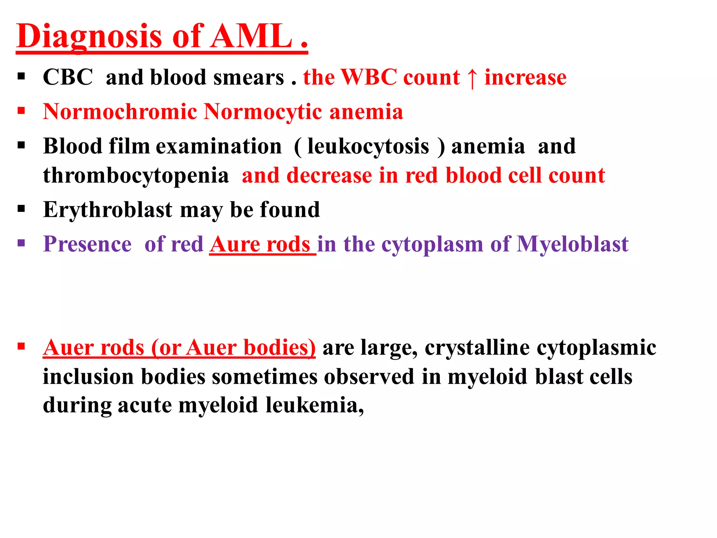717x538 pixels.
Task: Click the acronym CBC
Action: coord(68,77)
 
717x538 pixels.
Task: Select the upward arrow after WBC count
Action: coord(472,78)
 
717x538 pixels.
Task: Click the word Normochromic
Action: coord(120,112)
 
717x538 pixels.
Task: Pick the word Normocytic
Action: coord(263,112)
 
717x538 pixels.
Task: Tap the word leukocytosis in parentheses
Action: coord(368,146)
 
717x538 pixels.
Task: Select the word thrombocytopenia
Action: coord(136,175)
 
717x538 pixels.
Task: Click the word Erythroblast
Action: coord(107,210)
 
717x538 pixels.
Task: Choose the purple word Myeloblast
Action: coord(572,244)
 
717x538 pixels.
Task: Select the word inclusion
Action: coord(88,377)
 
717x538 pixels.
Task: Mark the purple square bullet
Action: coord(21,243)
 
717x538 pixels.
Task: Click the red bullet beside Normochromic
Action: coord(21,111)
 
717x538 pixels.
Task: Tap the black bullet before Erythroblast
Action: coord(21,209)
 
